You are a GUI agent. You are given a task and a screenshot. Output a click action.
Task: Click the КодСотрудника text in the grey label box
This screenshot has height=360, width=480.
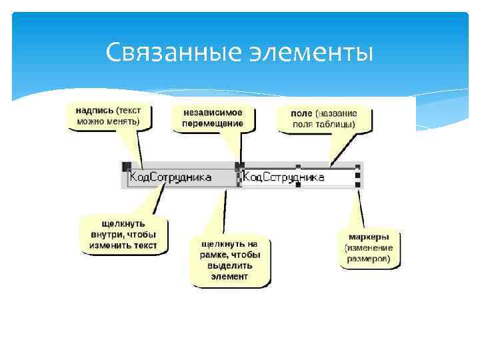click(x=171, y=177)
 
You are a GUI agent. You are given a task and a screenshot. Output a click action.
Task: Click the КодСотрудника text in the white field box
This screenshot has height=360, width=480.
click(x=284, y=177)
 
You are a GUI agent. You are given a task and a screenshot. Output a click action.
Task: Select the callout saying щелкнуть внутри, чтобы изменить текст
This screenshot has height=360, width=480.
click(x=124, y=234)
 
